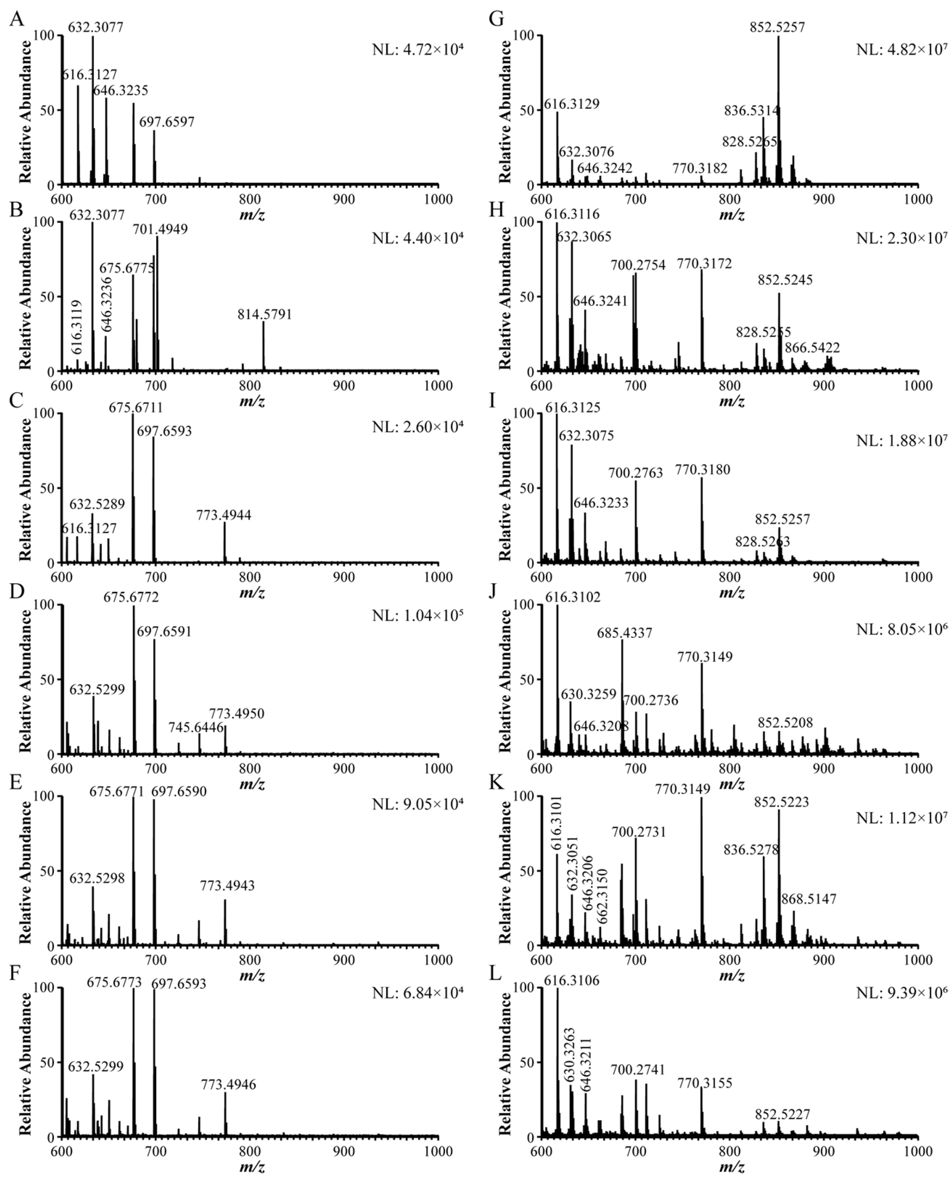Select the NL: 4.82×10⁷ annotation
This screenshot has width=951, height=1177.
[902, 49]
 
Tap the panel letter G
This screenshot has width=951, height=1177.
[496, 19]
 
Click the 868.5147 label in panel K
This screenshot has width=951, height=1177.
[809, 899]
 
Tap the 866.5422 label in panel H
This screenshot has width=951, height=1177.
[812, 347]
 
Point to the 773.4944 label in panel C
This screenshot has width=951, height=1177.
[224, 515]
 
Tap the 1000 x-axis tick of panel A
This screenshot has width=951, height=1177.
[438, 199]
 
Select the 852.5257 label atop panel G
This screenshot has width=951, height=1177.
[777, 27]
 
